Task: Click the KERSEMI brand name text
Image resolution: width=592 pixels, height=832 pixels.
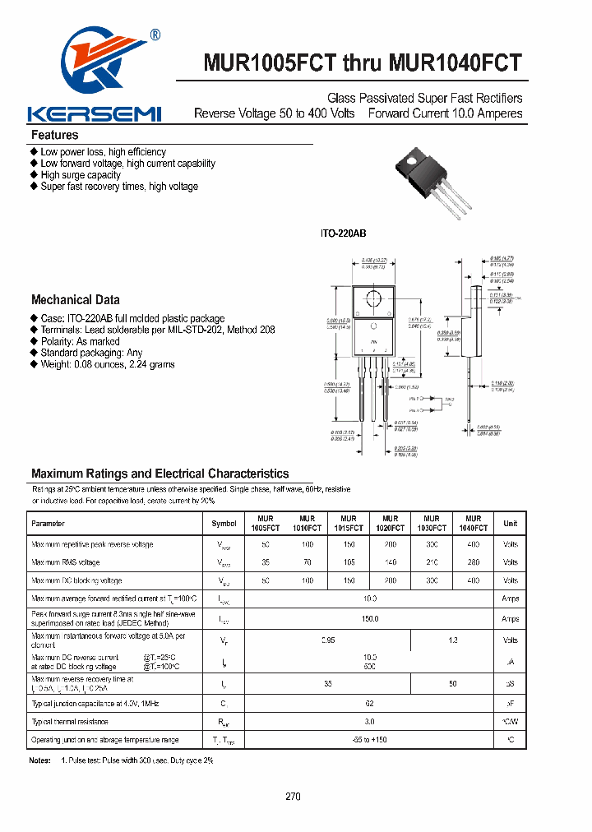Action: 95,113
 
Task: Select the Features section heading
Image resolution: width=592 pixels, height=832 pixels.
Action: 54,135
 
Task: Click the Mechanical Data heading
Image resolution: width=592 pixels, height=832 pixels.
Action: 75,300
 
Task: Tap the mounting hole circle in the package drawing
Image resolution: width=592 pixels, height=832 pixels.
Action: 374,298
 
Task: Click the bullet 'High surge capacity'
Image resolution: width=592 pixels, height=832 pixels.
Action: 80,175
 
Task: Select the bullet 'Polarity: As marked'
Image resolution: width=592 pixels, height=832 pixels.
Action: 80,341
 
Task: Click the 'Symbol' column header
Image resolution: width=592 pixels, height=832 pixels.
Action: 224,524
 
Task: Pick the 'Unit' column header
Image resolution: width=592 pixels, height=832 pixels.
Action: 510,524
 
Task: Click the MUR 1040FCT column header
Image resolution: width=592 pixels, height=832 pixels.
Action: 473,524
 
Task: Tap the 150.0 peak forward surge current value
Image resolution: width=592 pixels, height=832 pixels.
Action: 369,619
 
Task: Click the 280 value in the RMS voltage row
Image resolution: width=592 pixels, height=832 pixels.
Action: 473,562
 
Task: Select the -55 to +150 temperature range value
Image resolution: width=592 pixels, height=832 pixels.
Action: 369,740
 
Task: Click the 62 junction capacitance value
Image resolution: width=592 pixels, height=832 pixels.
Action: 369,703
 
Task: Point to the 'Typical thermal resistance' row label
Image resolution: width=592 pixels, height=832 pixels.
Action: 70,722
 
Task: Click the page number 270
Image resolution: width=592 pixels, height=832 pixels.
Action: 294,797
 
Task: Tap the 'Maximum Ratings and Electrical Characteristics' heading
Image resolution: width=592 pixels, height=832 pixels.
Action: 160,474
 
